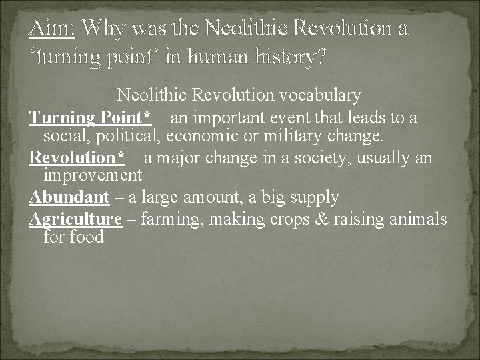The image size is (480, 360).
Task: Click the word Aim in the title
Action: pos(53,29)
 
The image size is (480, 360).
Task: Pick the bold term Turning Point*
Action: pos(90,118)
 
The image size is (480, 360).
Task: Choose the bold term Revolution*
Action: pos(77,158)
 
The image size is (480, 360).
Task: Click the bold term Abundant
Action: pos(69,197)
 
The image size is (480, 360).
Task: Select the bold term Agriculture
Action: pos(75,219)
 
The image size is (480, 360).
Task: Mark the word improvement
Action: pos(93,176)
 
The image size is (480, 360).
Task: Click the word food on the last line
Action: pos(87,237)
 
